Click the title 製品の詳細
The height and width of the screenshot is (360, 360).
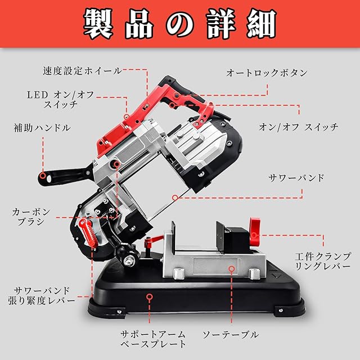coord(180,23)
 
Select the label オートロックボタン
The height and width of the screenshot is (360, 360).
coord(267,73)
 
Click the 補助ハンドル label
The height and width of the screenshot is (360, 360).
coord(43,128)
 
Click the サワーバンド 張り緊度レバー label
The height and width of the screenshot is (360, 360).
coord(44,295)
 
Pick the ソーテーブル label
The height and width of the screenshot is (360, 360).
coord(231,334)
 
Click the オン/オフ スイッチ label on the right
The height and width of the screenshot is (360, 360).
coord(298,127)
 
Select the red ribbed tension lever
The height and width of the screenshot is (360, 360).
coord(86,231)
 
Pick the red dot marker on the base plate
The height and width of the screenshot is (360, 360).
coord(150,295)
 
